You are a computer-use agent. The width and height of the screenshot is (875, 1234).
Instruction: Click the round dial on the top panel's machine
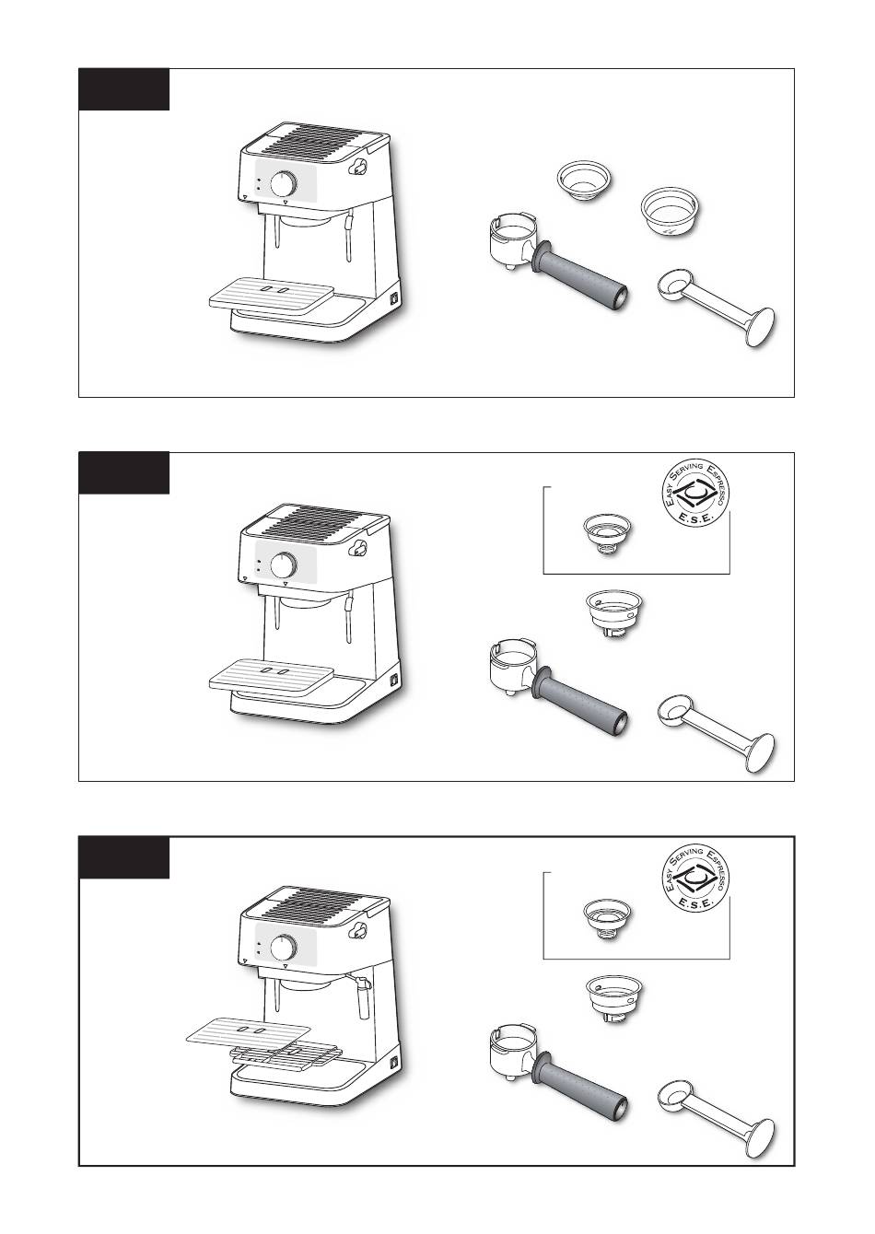tap(284, 183)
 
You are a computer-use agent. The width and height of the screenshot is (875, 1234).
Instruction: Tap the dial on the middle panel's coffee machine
tap(284, 565)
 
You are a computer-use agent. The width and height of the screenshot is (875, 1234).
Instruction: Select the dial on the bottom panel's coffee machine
tap(284, 948)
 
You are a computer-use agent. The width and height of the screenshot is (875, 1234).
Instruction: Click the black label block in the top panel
tap(124, 89)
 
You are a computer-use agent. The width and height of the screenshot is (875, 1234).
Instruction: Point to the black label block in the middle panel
tap(124, 473)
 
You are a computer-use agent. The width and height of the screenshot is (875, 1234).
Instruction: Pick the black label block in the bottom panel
tap(124, 857)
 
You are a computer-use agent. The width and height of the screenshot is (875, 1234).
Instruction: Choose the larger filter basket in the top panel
tap(670, 215)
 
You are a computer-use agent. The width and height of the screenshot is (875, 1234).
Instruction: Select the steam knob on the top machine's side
tap(359, 167)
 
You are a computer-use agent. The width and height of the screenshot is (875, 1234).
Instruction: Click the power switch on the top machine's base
tap(394, 298)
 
